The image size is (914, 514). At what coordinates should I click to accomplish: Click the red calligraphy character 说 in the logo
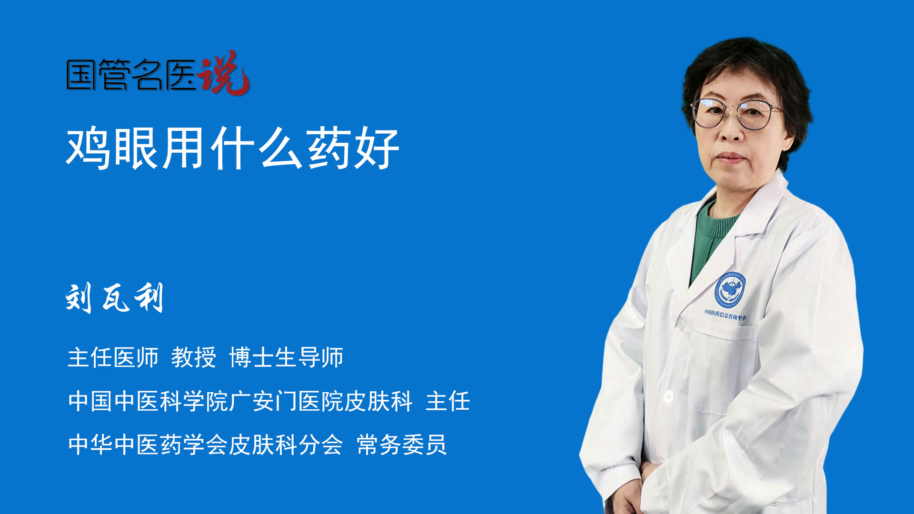224,73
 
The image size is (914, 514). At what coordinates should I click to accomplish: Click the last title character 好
376,148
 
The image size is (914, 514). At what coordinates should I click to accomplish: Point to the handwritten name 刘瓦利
115,298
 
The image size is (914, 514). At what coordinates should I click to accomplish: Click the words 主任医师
113,357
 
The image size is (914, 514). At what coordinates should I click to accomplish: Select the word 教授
194,357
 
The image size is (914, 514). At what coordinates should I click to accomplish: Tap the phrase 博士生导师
286,357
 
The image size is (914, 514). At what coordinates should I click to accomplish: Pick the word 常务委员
402,445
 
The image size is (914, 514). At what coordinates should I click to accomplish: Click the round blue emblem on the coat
730,289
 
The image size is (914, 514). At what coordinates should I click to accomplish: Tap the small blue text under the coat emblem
725,315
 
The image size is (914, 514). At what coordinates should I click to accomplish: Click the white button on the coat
669,396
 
